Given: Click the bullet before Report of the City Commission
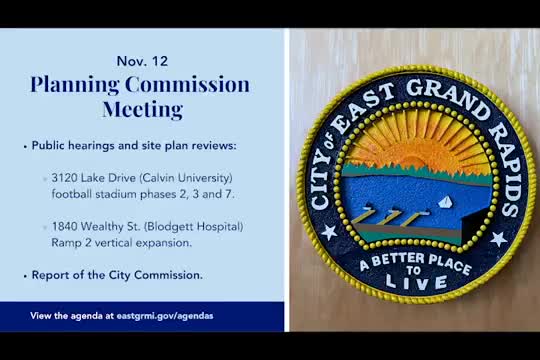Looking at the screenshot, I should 24,275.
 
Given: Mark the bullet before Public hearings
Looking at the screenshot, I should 24,146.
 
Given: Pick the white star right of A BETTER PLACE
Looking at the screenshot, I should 497,239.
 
